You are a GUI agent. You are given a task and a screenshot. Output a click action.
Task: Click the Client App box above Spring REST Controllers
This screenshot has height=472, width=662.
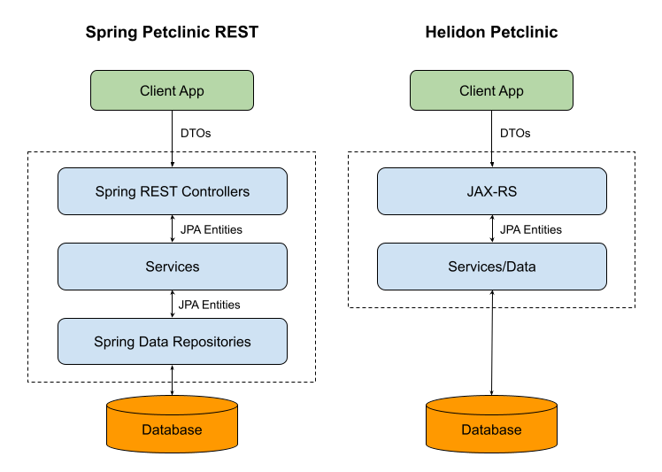pyautogui.click(x=172, y=90)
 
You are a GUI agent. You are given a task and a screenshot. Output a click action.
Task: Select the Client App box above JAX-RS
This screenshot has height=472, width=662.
pyautogui.click(x=491, y=90)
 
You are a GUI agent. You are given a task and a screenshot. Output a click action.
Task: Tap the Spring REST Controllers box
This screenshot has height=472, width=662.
pyautogui.click(x=172, y=191)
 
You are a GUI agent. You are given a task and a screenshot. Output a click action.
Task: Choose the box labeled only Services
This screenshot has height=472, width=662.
pyautogui.click(x=172, y=267)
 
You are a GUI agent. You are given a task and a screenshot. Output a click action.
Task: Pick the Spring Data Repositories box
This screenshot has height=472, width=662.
pyautogui.click(x=172, y=342)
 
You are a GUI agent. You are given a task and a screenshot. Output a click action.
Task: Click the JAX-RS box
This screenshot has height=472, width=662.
pyautogui.click(x=491, y=191)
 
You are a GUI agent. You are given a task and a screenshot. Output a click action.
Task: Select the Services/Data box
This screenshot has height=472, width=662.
pyautogui.click(x=491, y=267)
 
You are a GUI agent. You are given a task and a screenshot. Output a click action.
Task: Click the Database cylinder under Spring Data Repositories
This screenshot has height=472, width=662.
pyautogui.click(x=172, y=429)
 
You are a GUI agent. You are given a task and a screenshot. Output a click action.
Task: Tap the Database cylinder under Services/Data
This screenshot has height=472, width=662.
pyautogui.click(x=491, y=429)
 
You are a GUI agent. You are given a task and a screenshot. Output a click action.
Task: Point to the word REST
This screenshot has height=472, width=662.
pyautogui.click(x=159, y=191)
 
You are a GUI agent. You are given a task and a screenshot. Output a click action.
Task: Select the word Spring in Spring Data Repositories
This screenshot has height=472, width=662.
pyautogui.click(x=114, y=343)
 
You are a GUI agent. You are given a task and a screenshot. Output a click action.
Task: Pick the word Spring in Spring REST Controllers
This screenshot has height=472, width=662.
pyautogui.click(x=115, y=192)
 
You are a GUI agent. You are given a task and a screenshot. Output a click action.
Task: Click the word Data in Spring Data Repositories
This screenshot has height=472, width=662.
pyautogui.click(x=155, y=342)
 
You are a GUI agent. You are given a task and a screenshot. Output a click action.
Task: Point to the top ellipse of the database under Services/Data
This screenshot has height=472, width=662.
pyautogui.click(x=491, y=406)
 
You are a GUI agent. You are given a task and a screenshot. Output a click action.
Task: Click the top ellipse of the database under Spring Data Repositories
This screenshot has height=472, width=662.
pyautogui.click(x=172, y=406)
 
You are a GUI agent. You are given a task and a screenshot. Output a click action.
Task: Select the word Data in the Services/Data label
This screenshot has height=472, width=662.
pyautogui.click(x=521, y=267)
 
